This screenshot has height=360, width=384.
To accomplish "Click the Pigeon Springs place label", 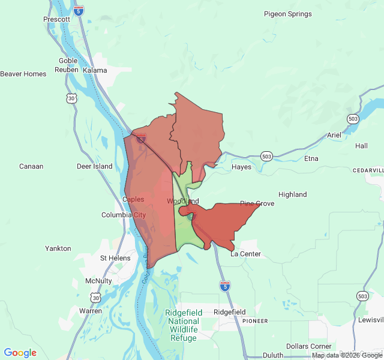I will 288,14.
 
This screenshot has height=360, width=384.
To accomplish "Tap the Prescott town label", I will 57,19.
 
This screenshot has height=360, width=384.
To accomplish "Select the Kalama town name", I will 95,70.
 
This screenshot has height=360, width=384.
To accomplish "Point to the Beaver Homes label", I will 23,74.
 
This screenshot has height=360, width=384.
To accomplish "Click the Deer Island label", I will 95,166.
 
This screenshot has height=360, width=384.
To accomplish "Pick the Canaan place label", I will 31,166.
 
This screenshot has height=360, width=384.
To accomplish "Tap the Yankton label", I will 58,248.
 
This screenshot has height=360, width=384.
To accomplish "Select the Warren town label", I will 91,311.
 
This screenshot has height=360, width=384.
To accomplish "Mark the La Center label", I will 246,254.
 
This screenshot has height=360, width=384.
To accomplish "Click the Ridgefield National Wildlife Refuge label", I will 183,325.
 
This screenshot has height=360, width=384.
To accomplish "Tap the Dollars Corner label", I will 309,347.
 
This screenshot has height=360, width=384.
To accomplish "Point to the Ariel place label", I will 334,136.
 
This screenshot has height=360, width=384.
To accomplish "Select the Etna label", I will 311,158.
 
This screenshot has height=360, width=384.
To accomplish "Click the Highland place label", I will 293,194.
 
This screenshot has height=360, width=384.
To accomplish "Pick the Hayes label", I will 242,167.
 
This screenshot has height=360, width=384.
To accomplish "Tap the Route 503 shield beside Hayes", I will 266,157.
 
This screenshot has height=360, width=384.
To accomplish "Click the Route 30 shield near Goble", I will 72,98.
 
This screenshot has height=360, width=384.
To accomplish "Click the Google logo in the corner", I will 20,353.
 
